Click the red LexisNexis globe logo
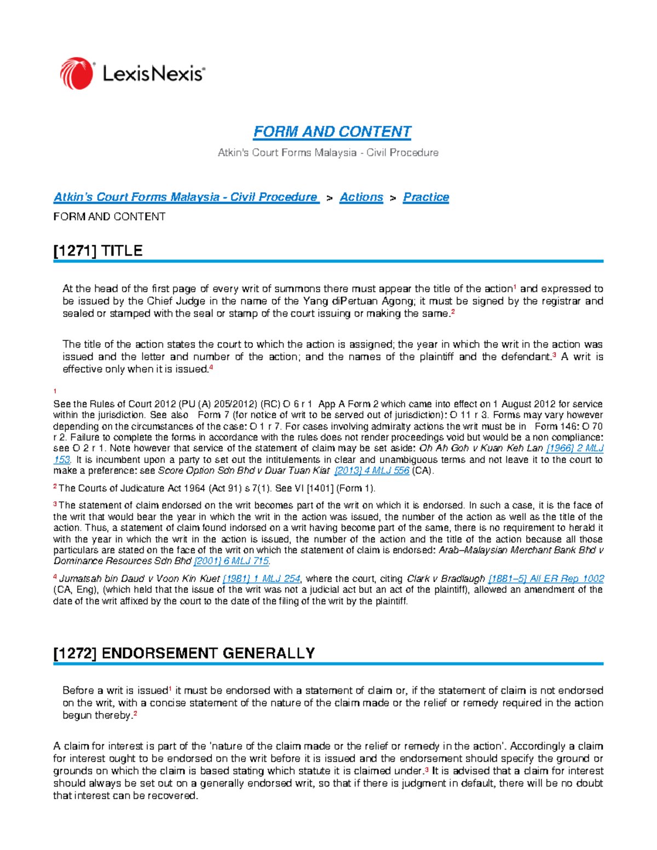[76, 73]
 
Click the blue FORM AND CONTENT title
[332, 132]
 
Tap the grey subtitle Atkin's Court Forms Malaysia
[328, 153]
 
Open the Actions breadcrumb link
[361, 197]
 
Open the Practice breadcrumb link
[426, 197]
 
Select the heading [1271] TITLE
[98, 251]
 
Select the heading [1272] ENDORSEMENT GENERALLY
[184, 653]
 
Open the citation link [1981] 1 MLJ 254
[262, 579]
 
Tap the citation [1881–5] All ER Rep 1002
[546, 579]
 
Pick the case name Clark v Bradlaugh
[446, 579]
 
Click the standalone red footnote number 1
[55, 391]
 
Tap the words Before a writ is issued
[115, 691]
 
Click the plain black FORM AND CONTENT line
[109, 217]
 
